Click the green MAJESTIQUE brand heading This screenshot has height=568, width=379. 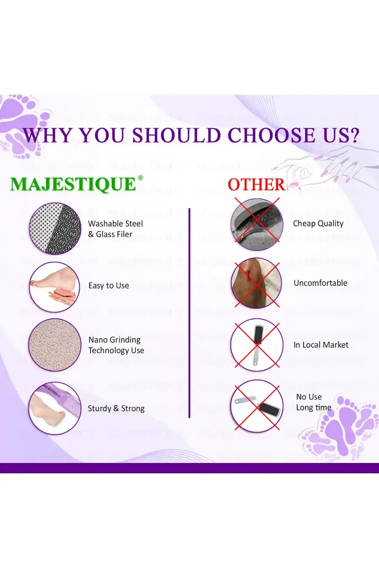click(x=73, y=184)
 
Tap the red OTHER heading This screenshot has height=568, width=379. click(x=256, y=184)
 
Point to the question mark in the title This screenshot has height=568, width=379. click(x=353, y=135)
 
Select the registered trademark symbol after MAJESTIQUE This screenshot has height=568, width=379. click(x=140, y=178)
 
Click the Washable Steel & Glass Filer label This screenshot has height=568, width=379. click(x=116, y=229)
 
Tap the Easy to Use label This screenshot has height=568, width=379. click(x=108, y=285)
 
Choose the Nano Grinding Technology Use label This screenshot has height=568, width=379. click(x=116, y=345)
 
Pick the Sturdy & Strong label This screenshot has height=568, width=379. click(x=116, y=408)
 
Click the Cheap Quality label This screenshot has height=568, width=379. click(x=318, y=223)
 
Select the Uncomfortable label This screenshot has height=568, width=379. click(x=320, y=283)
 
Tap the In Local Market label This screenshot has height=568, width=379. click(x=321, y=345)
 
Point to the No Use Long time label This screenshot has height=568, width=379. click(x=314, y=402)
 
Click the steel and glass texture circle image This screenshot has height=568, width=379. click(x=55, y=229)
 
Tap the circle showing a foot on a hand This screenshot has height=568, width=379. click(x=54, y=287)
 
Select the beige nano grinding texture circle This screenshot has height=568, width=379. click(x=55, y=345)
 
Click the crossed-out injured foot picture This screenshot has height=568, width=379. click(x=257, y=283)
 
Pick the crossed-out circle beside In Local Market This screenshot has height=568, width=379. click(x=257, y=345)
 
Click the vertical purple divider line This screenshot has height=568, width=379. click(x=189, y=313)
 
